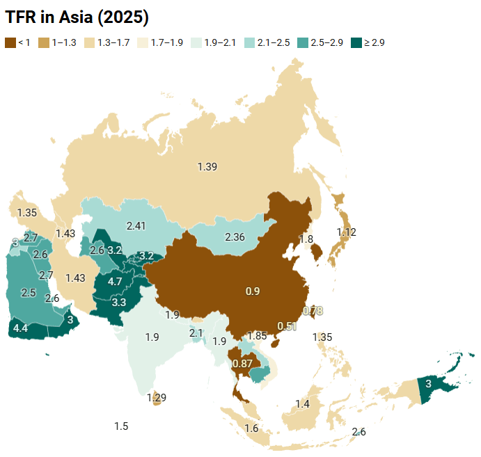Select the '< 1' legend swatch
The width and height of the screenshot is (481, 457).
pyautogui.click(x=10, y=42)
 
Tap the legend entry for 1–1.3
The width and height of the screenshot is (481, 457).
pyautogui.click(x=59, y=42)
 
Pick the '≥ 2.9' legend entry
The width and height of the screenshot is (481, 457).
pyautogui.click(x=368, y=42)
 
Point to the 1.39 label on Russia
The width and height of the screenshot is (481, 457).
pyautogui.click(x=207, y=166)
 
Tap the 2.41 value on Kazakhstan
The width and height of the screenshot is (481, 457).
pyautogui.click(x=136, y=225)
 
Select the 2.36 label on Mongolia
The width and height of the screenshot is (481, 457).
pyautogui.click(x=235, y=236)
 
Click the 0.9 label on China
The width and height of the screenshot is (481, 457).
pyautogui.click(x=252, y=291)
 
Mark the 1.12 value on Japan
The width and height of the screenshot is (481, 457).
pyautogui.click(x=346, y=232)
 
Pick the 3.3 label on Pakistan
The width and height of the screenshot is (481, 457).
pyautogui.click(x=118, y=303)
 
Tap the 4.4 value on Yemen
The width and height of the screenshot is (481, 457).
pyautogui.click(x=21, y=328)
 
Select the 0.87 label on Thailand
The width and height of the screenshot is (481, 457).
pyautogui.click(x=242, y=363)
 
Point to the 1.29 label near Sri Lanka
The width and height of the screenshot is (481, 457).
pyautogui.click(x=157, y=398)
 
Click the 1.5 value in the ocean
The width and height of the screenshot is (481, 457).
pyautogui.click(x=121, y=426)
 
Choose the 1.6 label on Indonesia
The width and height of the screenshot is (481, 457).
pyautogui.click(x=251, y=428)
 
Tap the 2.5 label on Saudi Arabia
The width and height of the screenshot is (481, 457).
pyautogui.click(x=29, y=293)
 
